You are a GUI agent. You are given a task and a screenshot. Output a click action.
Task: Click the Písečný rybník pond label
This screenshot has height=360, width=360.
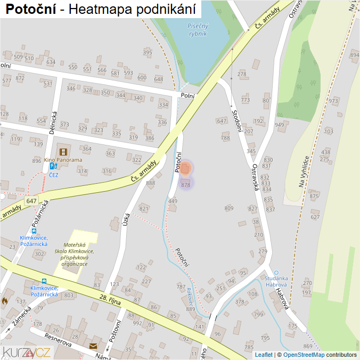click(198, 29)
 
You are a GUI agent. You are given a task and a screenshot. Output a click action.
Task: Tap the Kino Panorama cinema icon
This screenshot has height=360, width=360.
click(63, 151)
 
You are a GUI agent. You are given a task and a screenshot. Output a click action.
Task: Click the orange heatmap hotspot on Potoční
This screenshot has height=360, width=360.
click(185, 169)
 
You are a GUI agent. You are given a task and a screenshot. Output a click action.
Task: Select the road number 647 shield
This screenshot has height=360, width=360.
click(31, 201)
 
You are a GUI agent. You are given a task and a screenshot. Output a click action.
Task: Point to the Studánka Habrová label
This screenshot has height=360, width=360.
click(276, 281)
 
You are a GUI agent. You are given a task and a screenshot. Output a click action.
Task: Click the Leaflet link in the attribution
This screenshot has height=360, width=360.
click(264, 355)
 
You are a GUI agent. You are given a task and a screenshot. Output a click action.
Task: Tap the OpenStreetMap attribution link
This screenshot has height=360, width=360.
click(304, 355)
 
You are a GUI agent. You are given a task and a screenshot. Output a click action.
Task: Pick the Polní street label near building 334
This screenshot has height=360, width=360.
click(187, 96)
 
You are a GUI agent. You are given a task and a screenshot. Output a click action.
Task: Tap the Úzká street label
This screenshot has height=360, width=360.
click(126, 218)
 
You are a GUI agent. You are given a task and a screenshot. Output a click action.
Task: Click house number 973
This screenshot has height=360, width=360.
click(333, 101)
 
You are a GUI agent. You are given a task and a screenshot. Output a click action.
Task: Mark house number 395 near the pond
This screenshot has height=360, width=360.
click(148, 52)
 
